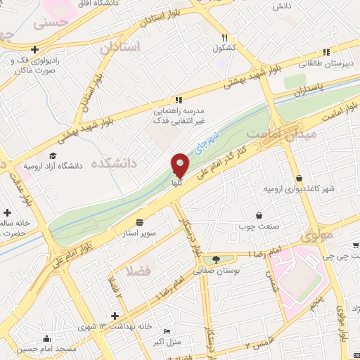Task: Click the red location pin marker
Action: [181, 166]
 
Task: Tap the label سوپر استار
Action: [141, 231]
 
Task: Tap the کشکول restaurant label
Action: [224, 49]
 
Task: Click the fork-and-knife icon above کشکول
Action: [224, 37]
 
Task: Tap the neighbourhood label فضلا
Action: [139, 270]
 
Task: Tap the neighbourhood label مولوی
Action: [319, 236]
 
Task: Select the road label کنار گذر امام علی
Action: [243, 148]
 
